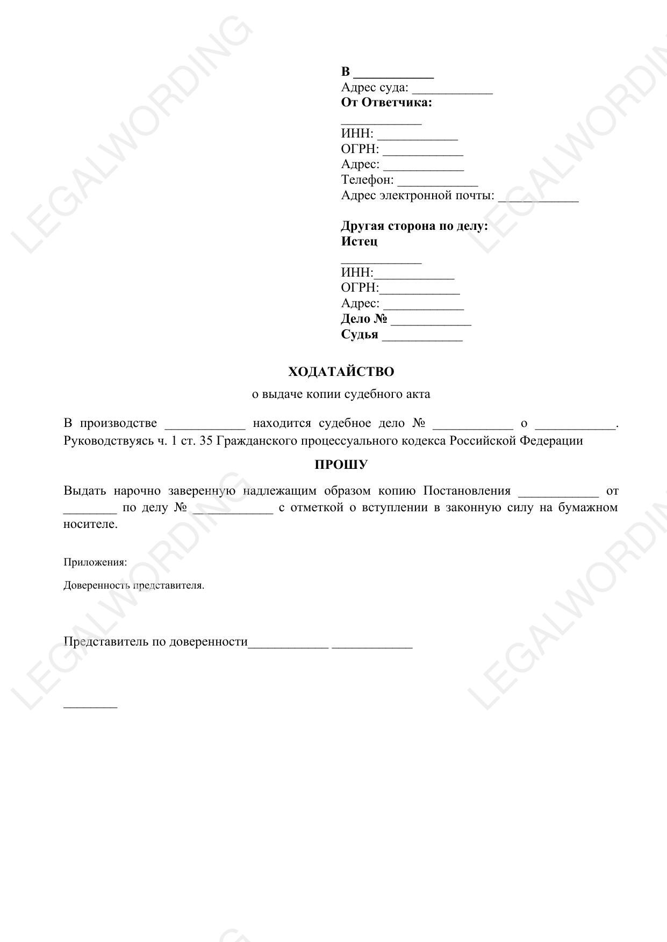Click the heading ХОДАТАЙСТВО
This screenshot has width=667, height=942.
pyautogui.click(x=341, y=372)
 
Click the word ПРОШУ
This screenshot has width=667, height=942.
pyautogui.click(x=341, y=465)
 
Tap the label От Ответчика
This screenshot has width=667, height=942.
pyautogui.click(x=386, y=103)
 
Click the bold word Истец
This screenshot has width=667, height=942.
pyautogui.click(x=359, y=241)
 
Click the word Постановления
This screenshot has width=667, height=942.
pyautogui.click(x=467, y=490)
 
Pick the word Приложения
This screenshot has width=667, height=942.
pyautogui.click(x=95, y=562)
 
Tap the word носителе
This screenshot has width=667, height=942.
pyautogui.click(x=90, y=524)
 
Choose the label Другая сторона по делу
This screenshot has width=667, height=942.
pyautogui.click(x=414, y=226)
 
